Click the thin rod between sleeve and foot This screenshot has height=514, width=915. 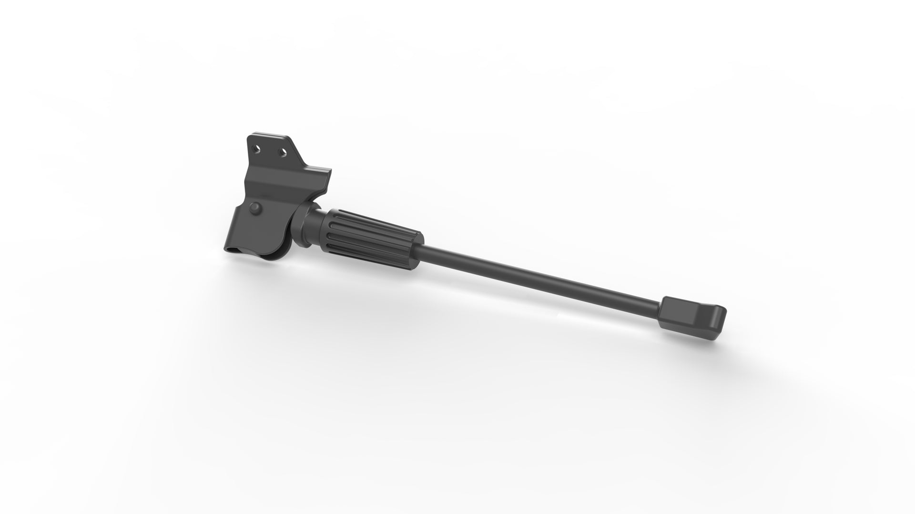tap(539, 276)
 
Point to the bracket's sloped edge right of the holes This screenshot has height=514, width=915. tap(298, 155)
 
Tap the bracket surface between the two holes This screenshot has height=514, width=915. tap(270, 150)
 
